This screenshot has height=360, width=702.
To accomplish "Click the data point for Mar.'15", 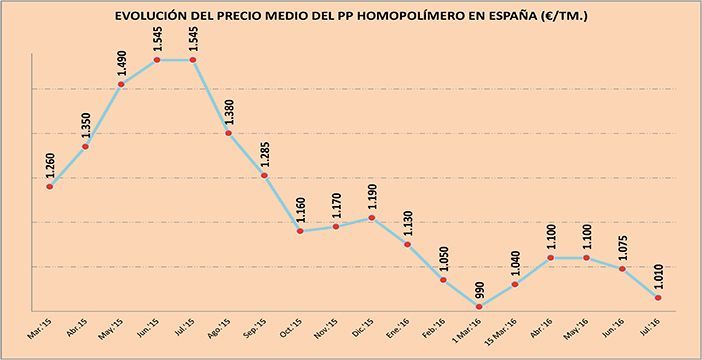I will tap(50, 186).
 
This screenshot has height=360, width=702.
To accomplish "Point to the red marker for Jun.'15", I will tap(158, 60).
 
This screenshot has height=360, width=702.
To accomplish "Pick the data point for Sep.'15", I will tap(264, 176).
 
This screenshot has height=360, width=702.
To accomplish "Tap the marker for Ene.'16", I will tap(407, 244).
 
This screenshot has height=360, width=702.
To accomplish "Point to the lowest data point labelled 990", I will tap(478, 306).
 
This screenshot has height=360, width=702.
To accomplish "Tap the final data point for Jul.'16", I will tap(658, 297).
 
